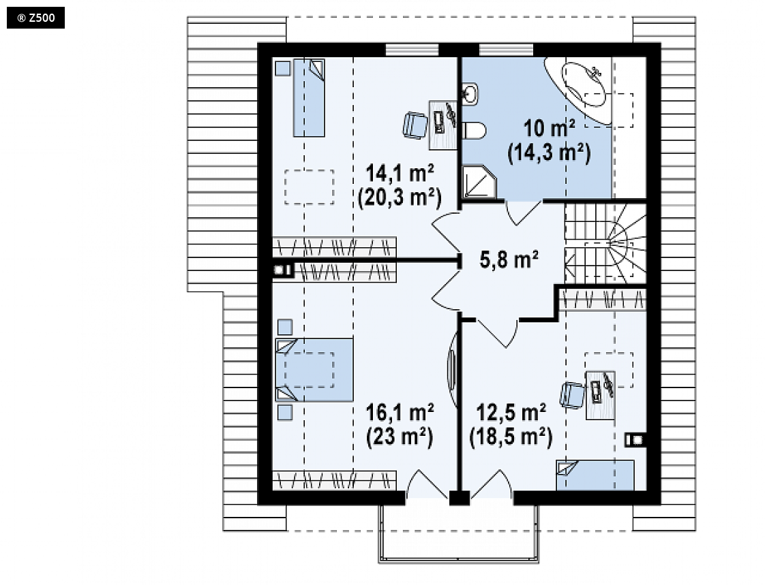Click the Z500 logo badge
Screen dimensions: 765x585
click(35, 18)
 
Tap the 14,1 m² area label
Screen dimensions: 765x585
click(400, 173)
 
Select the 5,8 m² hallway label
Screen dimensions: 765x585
click(509, 259)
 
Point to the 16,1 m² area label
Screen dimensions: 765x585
click(400, 413)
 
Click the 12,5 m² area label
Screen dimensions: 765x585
click(511, 413)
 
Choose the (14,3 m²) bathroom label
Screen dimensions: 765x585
click(550, 153)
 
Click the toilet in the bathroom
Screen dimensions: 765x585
click(475, 131)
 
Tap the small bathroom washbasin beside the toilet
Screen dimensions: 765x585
click(470, 94)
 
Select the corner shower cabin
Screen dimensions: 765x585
click(479, 182)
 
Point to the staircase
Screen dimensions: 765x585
click(605, 243)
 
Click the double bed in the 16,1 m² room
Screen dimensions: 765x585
click(314, 370)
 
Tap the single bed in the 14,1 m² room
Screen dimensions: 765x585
click(309, 98)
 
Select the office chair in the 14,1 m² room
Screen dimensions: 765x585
click(415, 125)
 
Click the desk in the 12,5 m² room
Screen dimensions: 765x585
click(600, 396)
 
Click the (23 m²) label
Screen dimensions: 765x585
click(400, 437)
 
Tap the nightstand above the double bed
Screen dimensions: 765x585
click(285, 327)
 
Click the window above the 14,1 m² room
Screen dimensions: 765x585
click(412, 50)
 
